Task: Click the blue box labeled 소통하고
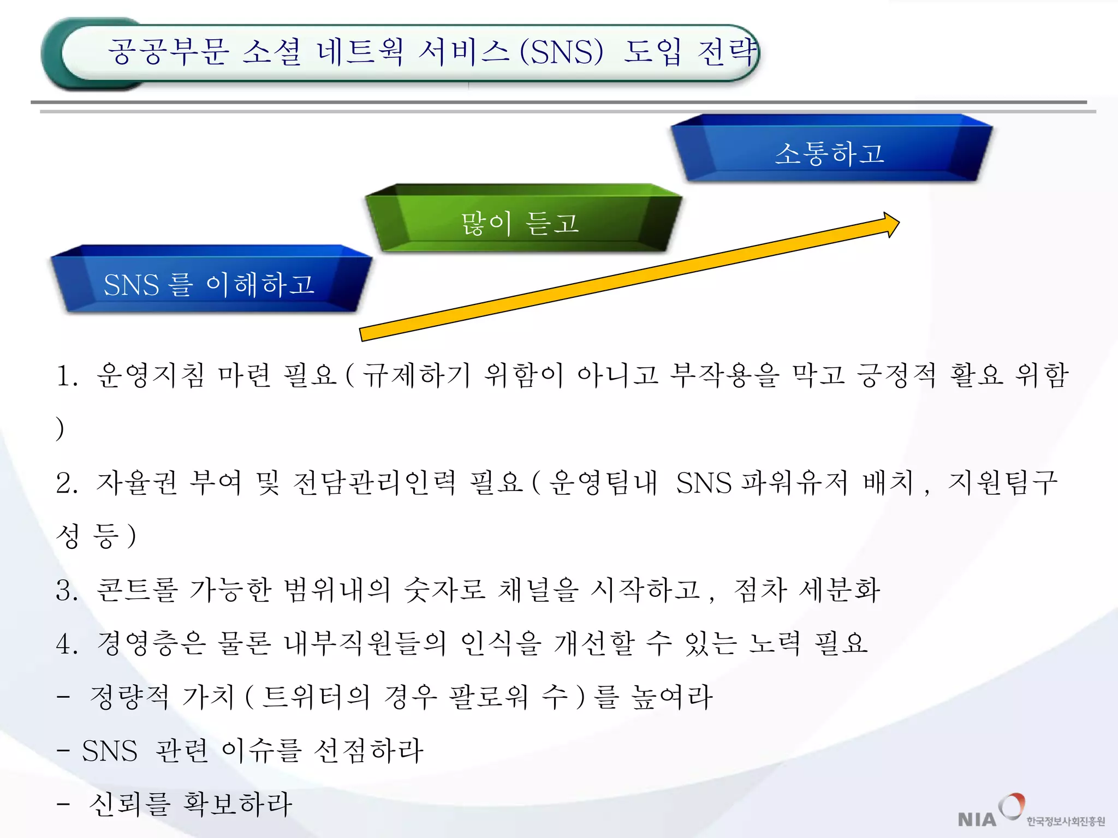coord(830,153)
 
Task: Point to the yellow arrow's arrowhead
coord(890,224)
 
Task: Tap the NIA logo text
coord(977,819)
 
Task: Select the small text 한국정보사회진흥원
coord(1066,821)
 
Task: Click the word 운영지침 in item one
coord(151,375)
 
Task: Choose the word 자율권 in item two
coord(137,483)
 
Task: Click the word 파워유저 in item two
coord(794,483)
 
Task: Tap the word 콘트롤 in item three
coord(137,590)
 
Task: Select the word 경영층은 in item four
coord(152,643)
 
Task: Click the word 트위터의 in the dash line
coord(316,697)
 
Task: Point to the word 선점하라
coord(368,751)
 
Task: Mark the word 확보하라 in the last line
coord(237,804)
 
